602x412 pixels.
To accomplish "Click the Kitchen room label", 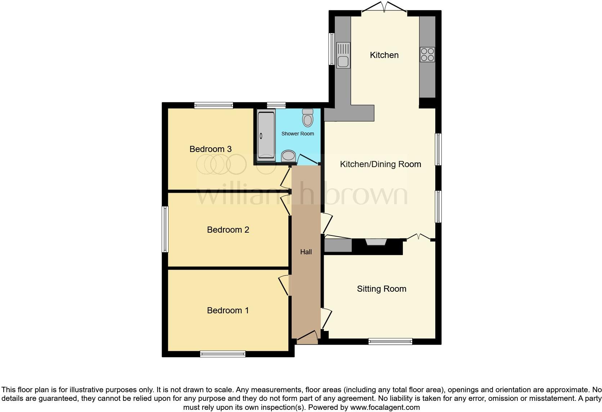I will click(384, 55).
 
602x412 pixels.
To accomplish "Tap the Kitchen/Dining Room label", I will click(381, 164).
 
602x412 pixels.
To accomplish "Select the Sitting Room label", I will click(382, 289).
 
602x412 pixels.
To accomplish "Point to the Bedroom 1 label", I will click(228, 310).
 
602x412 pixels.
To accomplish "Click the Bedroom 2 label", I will click(228, 230).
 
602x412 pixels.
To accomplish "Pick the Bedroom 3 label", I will click(210, 149).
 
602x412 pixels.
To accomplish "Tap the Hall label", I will click(306, 252).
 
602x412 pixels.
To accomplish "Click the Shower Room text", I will click(297, 134).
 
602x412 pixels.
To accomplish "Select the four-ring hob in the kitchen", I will click(427, 54).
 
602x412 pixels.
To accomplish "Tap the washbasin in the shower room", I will click(288, 156).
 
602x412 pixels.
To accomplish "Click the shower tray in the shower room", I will click(266, 135).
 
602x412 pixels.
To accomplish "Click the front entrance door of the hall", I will click(307, 336).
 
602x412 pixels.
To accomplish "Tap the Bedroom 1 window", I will click(223, 354).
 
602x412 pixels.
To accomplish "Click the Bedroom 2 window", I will click(165, 229).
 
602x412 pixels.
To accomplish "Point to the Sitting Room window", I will click(390, 341).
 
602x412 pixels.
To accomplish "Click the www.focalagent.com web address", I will click(385, 408).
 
